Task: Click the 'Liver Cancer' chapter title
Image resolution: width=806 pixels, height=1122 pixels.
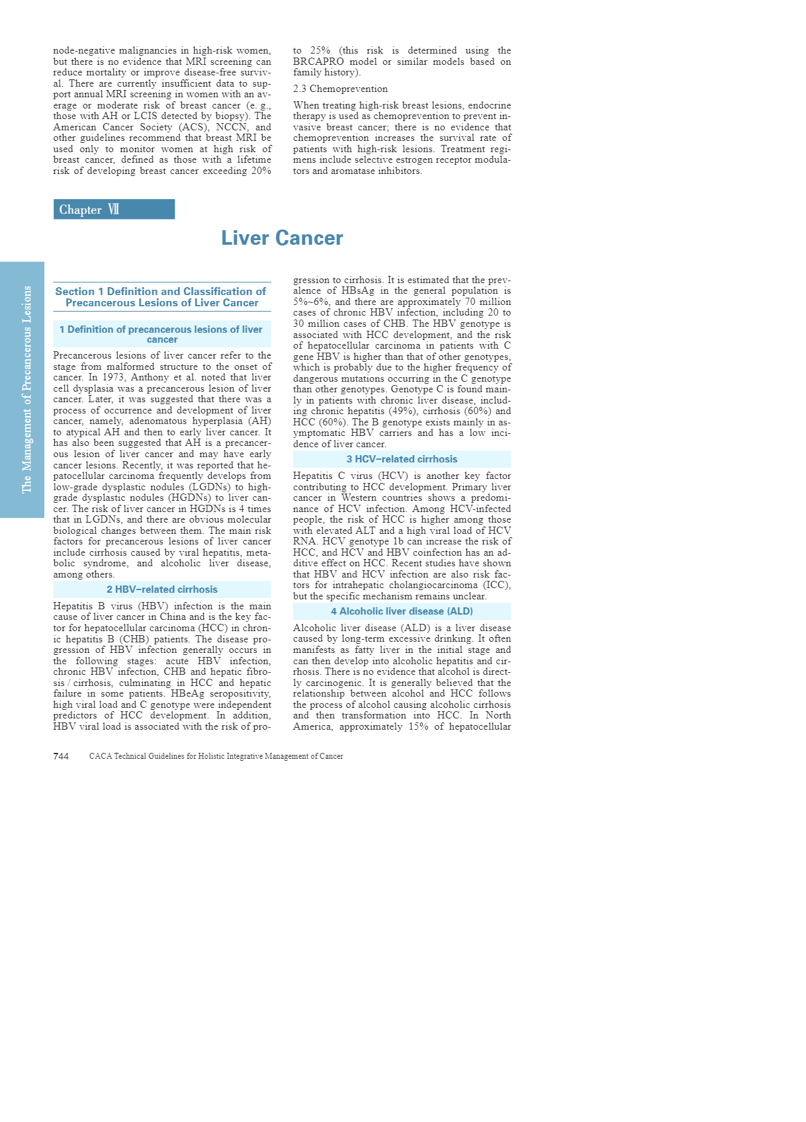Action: (x=282, y=238)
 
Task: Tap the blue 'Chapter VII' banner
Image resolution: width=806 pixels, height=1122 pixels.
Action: (x=114, y=209)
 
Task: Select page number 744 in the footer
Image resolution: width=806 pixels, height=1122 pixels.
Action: (x=61, y=756)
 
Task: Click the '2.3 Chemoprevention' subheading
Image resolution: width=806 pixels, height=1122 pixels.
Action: (x=340, y=89)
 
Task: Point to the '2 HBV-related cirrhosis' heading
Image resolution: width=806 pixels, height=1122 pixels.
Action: (x=162, y=589)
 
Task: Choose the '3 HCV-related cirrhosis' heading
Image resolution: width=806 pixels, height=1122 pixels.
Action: (x=402, y=459)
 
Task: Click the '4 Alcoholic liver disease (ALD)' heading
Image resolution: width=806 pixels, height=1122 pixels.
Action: (x=402, y=611)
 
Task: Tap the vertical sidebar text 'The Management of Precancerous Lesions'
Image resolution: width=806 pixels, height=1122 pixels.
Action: (x=26, y=389)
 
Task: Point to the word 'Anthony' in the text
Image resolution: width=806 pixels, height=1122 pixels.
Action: (x=150, y=378)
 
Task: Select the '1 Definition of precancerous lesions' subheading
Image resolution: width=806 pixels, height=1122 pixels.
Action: (x=161, y=334)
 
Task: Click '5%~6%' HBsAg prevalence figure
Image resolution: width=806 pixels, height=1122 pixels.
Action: (x=312, y=302)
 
